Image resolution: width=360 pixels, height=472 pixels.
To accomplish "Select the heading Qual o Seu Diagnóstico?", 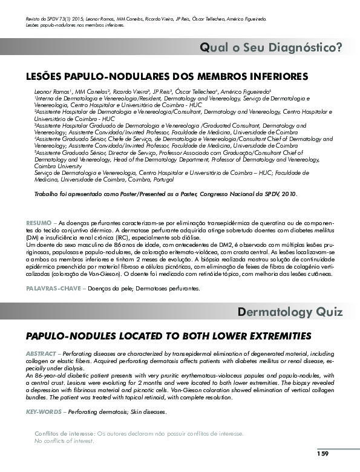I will pyautogui.click(x=271, y=47).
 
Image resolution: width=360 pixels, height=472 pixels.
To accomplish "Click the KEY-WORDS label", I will pyautogui.click(x=44, y=411).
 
